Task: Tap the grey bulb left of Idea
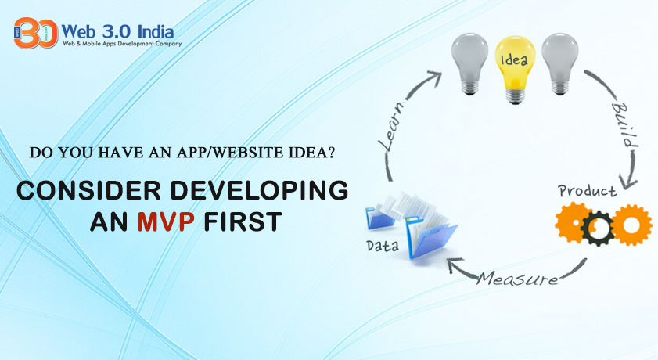pyautogui.click(x=469, y=63)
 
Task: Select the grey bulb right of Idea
pyautogui.click(x=559, y=63)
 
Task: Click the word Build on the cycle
pyautogui.click(x=624, y=125)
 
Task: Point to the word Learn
pyautogui.click(x=392, y=125)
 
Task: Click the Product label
pyautogui.click(x=588, y=191)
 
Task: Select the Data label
pyautogui.click(x=383, y=246)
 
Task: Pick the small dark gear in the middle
pyautogui.click(x=598, y=229)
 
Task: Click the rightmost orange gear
pyautogui.click(x=631, y=225)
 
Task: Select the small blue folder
pyautogui.click(x=379, y=218)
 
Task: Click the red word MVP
pyautogui.click(x=166, y=222)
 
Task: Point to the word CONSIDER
pyautogui.click(x=88, y=190)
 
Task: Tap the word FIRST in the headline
pyautogui.click(x=243, y=222)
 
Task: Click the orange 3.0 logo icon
pyautogui.click(x=36, y=33)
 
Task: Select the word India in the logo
pyautogui.click(x=156, y=31)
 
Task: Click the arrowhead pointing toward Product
pyautogui.click(x=628, y=183)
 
